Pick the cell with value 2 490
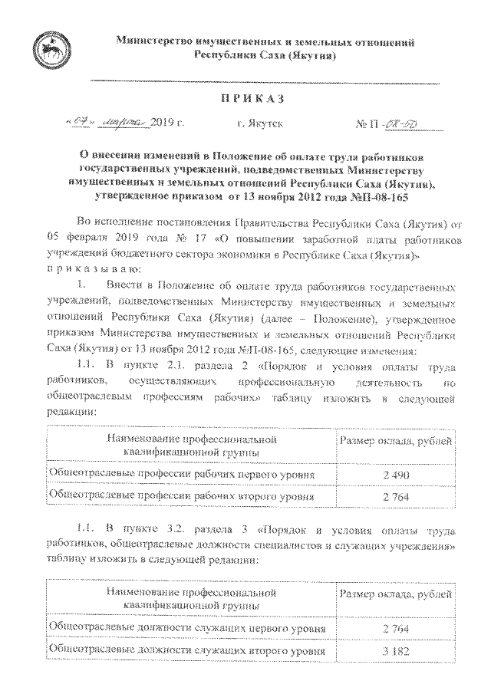pos(397,475)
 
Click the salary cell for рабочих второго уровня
pos(397,498)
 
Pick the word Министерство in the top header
pos(157,39)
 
